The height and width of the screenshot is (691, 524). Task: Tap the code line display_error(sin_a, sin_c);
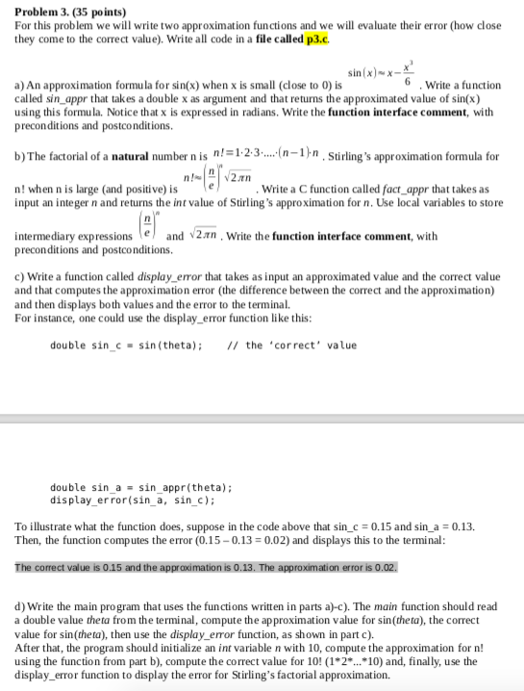[x=132, y=500]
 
